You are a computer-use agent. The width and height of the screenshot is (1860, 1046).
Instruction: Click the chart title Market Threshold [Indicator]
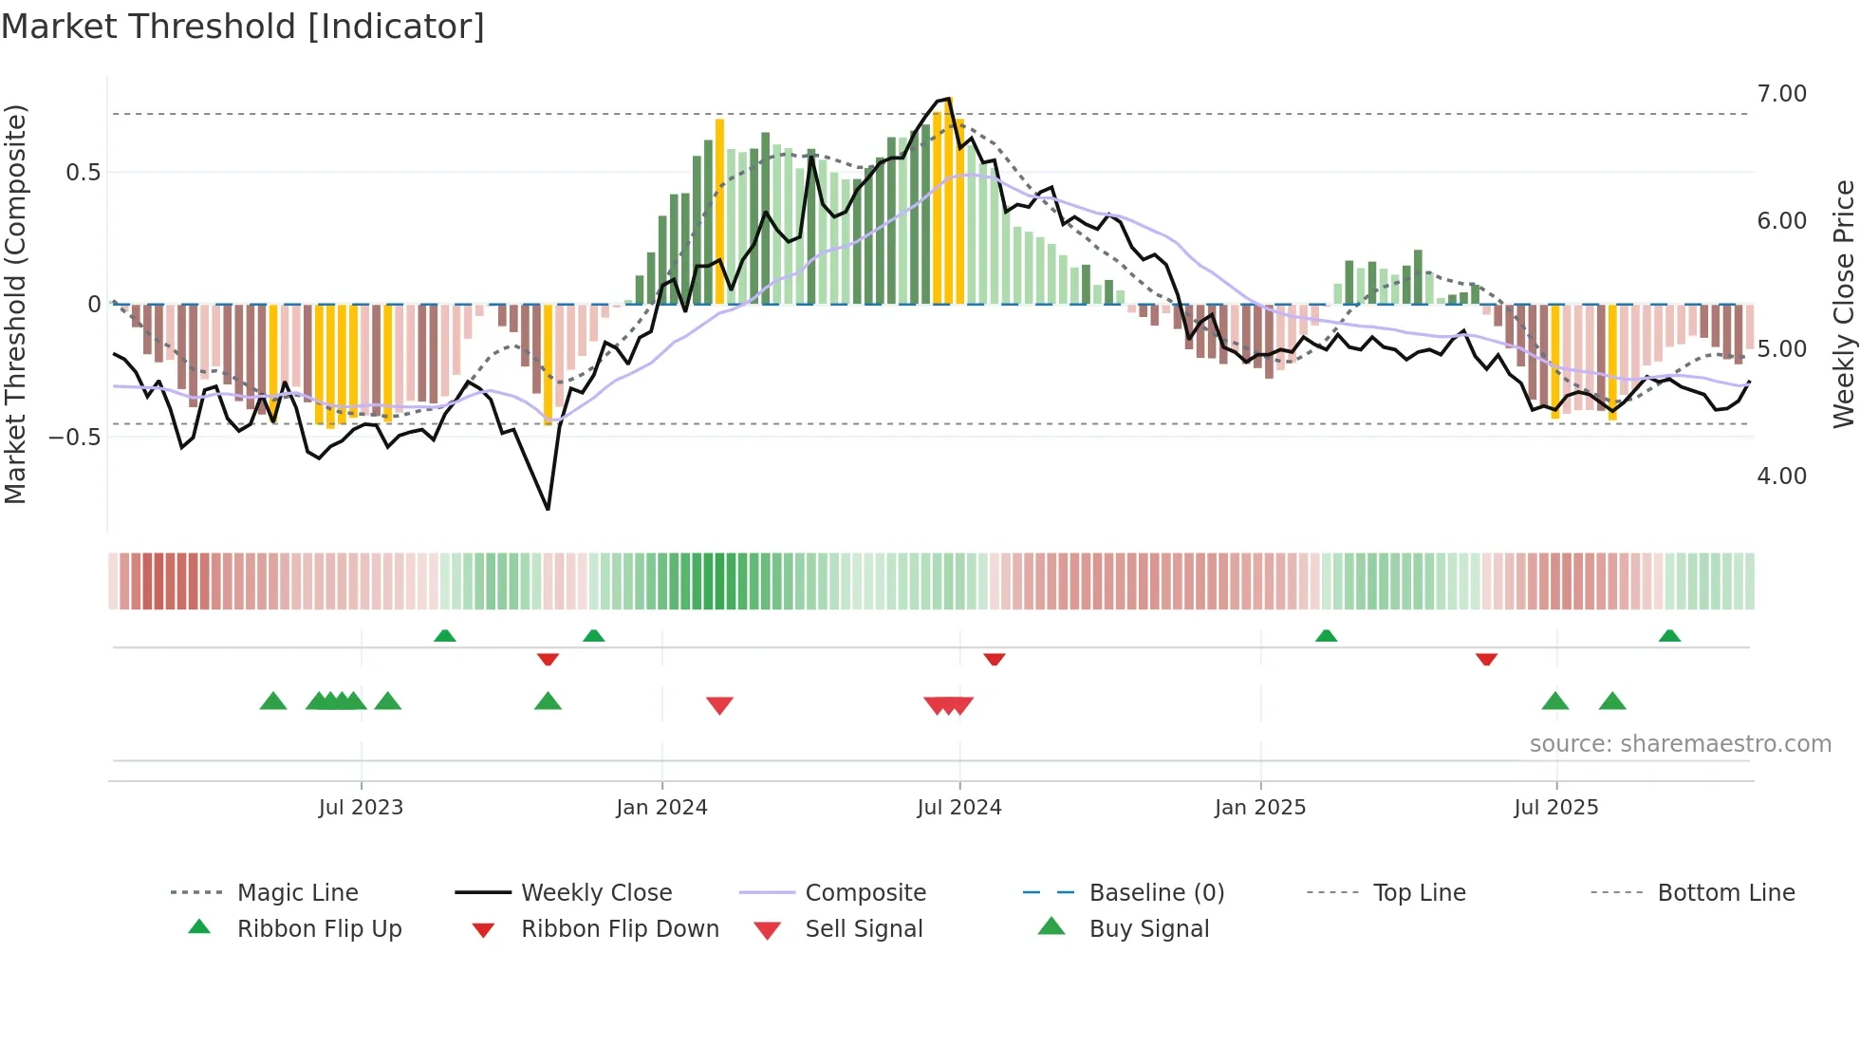click(243, 27)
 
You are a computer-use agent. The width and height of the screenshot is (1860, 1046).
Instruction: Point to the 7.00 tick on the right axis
click(1781, 94)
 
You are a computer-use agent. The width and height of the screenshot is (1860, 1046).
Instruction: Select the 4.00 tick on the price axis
click(1781, 476)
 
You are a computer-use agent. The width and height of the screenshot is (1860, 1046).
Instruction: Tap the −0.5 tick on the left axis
click(75, 438)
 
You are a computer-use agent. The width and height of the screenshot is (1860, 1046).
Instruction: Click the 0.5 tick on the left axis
click(83, 173)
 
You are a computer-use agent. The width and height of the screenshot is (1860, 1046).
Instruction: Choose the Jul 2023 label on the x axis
click(361, 808)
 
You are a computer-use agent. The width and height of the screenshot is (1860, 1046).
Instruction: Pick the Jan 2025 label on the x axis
click(1260, 808)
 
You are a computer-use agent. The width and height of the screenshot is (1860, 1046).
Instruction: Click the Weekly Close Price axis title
click(1843, 304)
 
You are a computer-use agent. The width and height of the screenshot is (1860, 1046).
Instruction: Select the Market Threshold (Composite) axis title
click(15, 304)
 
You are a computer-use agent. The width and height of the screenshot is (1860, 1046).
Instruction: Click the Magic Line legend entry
click(297, 893)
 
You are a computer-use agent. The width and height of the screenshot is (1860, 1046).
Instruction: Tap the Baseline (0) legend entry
click(1156, 893)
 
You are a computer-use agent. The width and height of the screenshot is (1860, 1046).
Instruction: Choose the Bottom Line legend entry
click(1725, 893)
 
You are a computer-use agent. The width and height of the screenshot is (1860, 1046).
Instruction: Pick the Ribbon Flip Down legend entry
click(619, 929)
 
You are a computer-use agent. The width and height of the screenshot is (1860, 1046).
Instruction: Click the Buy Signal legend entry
click(1148, 929)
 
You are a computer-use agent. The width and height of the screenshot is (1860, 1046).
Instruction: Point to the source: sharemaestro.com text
click(1680, 744)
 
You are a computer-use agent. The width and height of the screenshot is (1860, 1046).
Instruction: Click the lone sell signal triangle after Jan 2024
click(719, 705)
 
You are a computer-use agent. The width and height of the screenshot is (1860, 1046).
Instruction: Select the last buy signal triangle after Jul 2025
click(1612, 702)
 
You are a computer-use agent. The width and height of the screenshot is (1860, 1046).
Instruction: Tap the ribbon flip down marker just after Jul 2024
click(994, 659)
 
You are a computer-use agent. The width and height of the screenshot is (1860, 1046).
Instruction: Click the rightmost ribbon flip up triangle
click(1669, 636)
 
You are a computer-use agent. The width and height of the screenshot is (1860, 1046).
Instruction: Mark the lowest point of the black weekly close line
click(549, 510)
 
